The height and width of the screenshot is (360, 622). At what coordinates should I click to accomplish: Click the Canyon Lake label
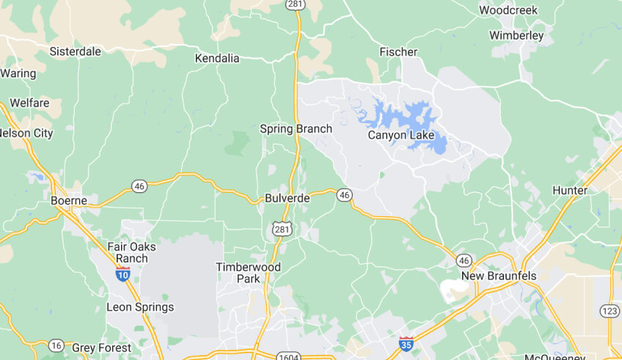coord(400,136)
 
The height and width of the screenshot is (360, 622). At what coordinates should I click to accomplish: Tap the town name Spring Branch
coord(296,129)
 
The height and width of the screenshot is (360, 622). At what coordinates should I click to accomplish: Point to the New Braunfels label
coord(499,276)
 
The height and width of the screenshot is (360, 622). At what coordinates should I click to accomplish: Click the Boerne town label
coord(69,200)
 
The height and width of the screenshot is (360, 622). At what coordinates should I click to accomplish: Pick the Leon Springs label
coord(140,307)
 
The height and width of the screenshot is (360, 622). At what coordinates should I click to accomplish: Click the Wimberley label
coord(516,35)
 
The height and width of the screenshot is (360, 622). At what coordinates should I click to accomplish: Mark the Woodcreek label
coord(508,10)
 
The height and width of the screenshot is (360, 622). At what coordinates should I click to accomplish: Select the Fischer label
coord(398,52)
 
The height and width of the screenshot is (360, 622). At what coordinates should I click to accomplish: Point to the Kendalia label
coord(218,57)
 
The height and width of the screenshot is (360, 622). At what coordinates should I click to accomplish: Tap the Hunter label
coord(570,191)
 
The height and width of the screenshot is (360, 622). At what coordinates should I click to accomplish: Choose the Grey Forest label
coord(101,348)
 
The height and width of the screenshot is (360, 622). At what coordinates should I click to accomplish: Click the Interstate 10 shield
coord(122,274)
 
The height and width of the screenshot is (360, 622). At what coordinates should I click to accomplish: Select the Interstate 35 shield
coord(406,343)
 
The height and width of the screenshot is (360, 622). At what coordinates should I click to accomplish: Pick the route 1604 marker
coord(288,356)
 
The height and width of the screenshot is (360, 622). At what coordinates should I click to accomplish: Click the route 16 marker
coord(56,345)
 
